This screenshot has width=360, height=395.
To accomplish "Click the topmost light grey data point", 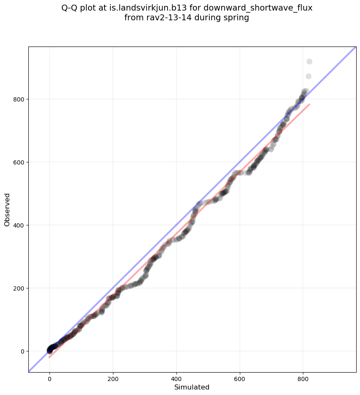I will coord(309,62).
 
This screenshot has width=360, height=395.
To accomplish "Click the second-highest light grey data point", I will coord(308,77).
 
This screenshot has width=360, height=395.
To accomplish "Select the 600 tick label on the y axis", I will coord(20,162).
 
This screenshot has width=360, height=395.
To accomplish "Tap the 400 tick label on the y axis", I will coord(20,225).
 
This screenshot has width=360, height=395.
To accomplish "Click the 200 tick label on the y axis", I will coord(20,288).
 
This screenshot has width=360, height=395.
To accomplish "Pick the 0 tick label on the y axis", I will coord(23,351).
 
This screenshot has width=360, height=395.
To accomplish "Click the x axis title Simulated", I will coord(192,387).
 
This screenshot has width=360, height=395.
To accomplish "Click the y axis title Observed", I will coord(8,209).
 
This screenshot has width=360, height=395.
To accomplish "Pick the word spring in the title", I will coord(237,18).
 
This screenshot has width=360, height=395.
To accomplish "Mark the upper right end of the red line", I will coord(309,104).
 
